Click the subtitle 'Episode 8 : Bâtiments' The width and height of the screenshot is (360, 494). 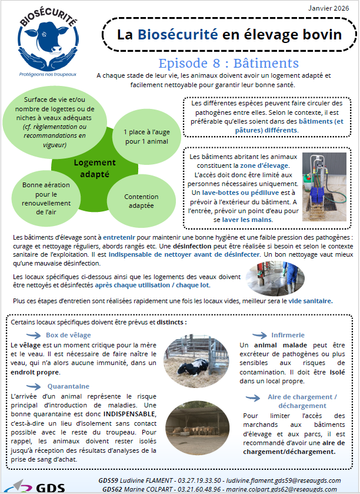point(228,64)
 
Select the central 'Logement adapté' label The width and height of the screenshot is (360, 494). point(95,168)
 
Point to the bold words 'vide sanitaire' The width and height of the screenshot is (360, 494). point(312,300)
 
